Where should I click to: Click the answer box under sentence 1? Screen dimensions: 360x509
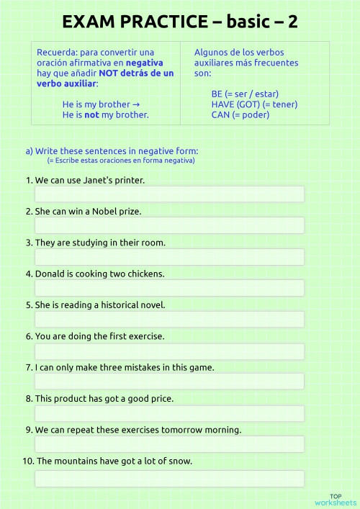coord(169,194)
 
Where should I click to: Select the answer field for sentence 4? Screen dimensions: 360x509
coord(169,288)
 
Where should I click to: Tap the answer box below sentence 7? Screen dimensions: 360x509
coord(169,382)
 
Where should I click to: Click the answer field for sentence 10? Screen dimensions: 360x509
coord(169,479)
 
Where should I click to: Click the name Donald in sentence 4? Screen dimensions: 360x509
coord(50,274)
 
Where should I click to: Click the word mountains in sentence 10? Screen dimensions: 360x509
coord(77,461)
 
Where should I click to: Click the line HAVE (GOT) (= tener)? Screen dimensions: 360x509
coord(254,104)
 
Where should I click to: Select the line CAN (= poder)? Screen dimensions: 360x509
coord(240,114)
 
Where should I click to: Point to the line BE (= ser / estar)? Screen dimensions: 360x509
coord(245,94)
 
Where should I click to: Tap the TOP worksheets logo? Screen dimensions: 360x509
coord(336,500)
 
